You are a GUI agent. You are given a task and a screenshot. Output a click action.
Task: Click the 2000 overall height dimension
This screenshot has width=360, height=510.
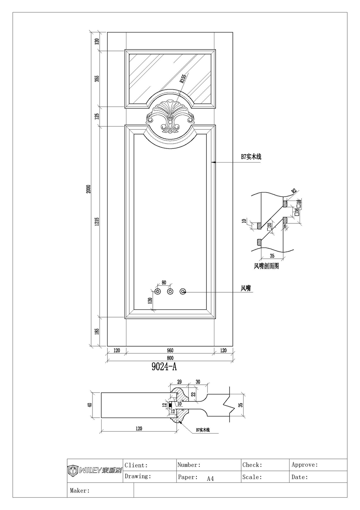89,189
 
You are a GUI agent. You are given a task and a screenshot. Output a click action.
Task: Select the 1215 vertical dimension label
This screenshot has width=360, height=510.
97,222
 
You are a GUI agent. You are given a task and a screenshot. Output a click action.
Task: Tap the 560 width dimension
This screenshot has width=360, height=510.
170,351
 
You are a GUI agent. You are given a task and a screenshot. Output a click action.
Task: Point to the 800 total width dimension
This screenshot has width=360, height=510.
170,358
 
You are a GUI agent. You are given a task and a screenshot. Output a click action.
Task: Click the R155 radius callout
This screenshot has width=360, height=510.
183,78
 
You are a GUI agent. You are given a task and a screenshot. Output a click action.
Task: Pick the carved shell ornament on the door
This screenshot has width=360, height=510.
170,116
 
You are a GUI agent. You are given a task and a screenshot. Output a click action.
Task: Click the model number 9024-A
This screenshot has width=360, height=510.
164,367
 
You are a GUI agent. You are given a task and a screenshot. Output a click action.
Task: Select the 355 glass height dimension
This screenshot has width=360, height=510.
97,78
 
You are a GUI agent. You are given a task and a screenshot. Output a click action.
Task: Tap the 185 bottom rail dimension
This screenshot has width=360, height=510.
97,331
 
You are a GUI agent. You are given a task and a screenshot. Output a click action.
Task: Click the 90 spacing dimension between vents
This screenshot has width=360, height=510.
164,283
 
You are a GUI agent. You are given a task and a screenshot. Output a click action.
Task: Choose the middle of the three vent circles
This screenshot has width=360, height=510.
170,291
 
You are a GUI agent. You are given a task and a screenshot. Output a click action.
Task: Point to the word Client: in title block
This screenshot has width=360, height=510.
136,465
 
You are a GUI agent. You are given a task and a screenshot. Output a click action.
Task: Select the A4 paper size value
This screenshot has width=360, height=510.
210,478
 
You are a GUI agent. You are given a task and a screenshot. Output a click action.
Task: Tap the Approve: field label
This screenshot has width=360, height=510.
305,465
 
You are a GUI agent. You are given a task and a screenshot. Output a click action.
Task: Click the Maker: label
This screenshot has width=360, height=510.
80,490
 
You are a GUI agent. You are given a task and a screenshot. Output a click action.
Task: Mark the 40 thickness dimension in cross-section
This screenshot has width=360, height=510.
90,405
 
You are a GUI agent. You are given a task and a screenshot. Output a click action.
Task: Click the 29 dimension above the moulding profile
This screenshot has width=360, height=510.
179,382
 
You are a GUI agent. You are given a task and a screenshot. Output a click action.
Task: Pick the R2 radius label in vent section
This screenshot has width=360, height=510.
294,191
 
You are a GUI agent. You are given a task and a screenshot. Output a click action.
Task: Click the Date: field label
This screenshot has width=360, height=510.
300,477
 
